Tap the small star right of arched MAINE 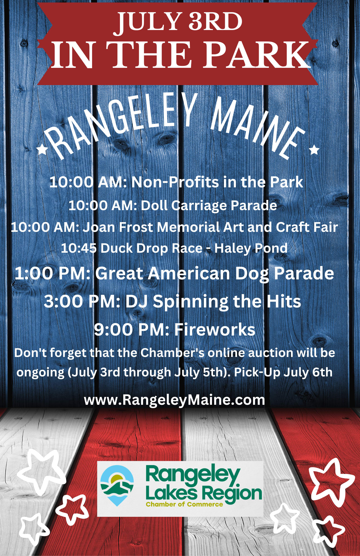click(x=314, y=150)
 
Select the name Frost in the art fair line click(x=136, y=227)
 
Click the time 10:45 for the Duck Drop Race click(x=79, y=248)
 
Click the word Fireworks click(x=215, y=330)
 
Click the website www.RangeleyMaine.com click(x=174, y=400)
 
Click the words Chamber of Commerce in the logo click(x=184, y=504)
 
